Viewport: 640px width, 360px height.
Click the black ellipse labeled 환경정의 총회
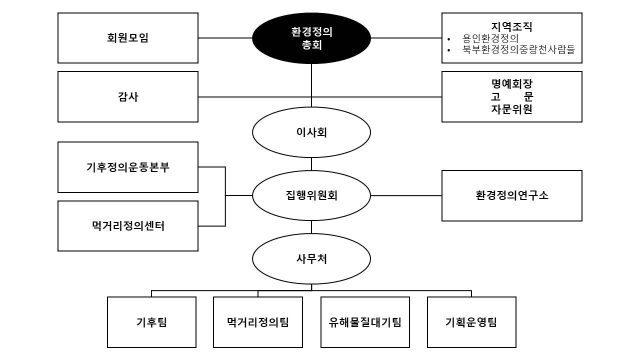coord(311,38)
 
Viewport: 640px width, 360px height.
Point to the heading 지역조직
coord(511,26)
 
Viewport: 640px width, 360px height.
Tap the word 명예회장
coord(511,83)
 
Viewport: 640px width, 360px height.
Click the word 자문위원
coord(511,109)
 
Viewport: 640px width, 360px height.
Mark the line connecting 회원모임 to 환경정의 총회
coord(225,37)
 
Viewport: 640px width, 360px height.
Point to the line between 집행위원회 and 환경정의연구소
coord(406,195)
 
